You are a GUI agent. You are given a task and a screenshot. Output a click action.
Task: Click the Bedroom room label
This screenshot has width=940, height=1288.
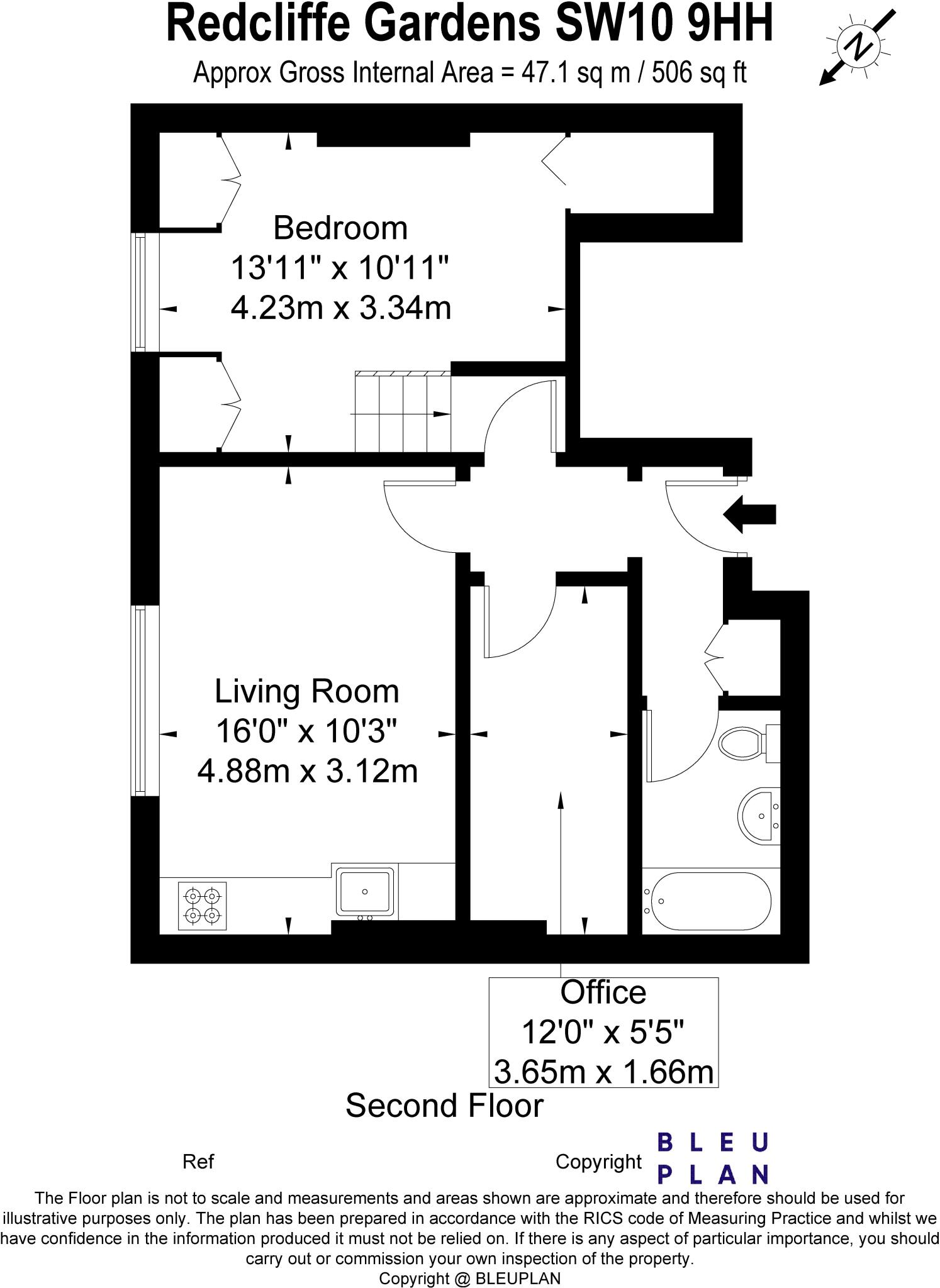[x=340, y=228]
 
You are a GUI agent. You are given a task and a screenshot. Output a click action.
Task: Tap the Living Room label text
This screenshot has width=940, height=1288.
[x=307, y=692]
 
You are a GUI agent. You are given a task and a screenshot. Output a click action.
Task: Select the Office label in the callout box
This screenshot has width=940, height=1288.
[x=603, y=992]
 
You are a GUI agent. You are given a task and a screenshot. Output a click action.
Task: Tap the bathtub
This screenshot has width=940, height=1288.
[x=710, y=901]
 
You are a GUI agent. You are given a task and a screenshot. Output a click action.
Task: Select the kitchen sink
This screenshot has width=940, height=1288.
[x=366, y=892]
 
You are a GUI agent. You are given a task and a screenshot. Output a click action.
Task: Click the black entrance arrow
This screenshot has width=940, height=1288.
[x=749, y=514]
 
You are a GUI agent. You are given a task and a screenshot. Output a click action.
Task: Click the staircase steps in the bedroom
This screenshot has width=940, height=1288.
[x=403, y=412]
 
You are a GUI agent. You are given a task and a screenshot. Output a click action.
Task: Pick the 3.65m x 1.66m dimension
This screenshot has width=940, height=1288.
[x=603, y=1072]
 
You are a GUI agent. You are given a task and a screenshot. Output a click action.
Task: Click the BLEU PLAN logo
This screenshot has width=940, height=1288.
[x=713, y=1158]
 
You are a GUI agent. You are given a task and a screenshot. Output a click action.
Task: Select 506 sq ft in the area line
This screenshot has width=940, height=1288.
[x=698, y=73]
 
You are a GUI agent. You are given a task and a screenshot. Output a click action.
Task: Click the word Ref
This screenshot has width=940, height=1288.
[x=198, y=1162]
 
